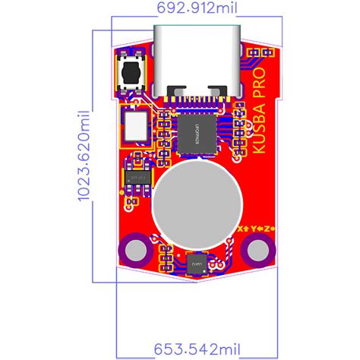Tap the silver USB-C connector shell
coord(200,57)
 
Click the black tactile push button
coord(131,74)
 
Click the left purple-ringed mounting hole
coord(137,250)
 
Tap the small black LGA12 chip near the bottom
coord(197,263)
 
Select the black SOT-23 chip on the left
coord(137,175)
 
